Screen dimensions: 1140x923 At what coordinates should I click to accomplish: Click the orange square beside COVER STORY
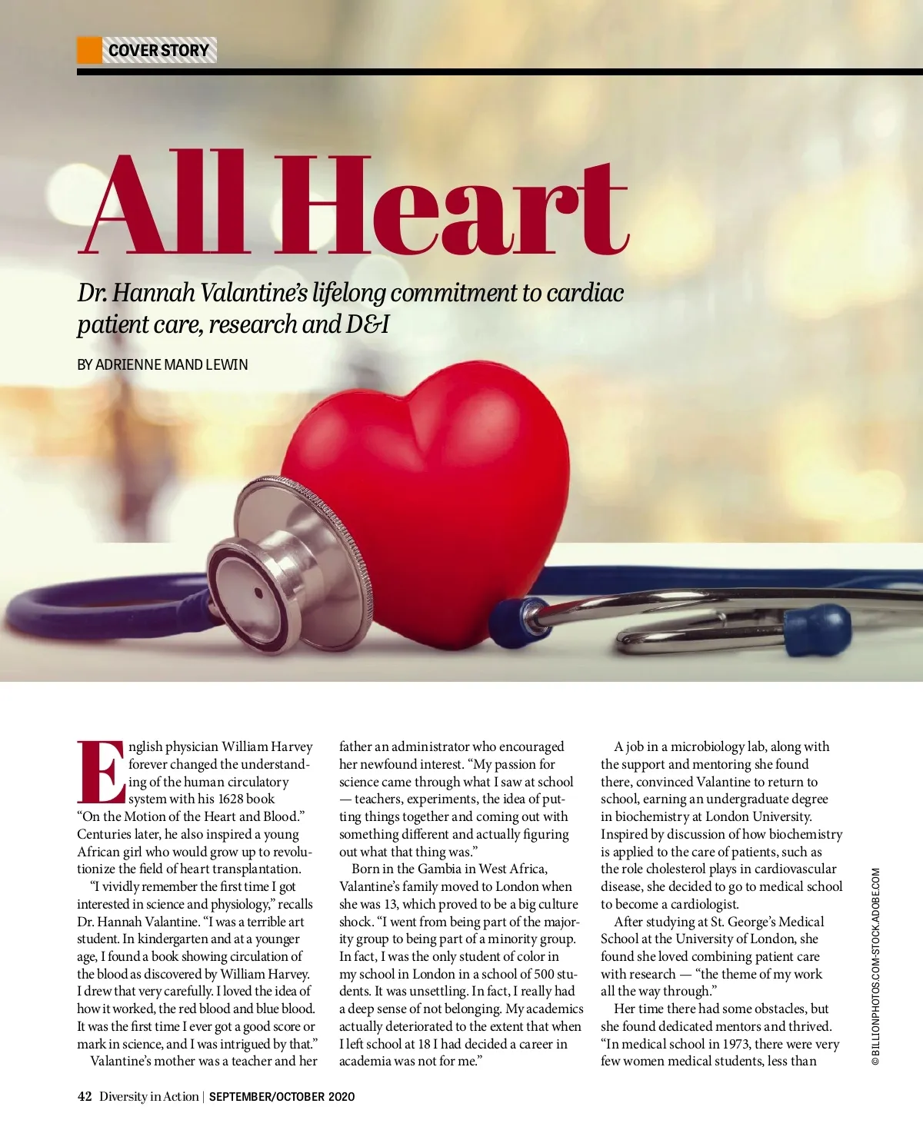(x=89, y=50)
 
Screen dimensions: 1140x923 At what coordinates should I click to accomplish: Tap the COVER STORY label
(x=158, y=51)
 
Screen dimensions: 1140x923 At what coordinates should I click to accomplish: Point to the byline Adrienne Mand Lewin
(x=162, y=364)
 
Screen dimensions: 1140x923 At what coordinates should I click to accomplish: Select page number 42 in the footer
(x=85, y=1096)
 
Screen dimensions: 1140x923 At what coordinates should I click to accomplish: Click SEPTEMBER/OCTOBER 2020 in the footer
(x=282, y=1097)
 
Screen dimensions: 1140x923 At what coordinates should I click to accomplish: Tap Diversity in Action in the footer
(x=148, y=1096)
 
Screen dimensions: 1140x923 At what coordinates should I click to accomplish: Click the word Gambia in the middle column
(x=440, y=869)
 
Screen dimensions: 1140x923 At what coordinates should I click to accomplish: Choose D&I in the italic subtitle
(x=368, y=324)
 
